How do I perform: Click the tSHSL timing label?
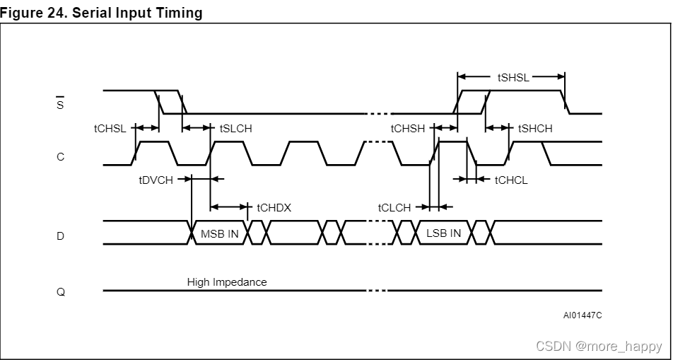[513, 78]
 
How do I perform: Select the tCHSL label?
[110, 129]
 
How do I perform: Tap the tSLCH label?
[235, 129]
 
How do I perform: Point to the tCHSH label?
[408, 129]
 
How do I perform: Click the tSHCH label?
[535, 129]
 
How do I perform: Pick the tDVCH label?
[156, 180]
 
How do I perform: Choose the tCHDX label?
[274, 208]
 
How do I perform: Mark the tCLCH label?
[394, 208]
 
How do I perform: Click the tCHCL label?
[511, 180]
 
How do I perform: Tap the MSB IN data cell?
[220, 233]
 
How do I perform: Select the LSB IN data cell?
[443, 233]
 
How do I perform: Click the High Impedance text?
[227, 282]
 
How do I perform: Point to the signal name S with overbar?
[60, 105]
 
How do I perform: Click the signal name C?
[60, 157]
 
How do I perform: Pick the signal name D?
[60, 236]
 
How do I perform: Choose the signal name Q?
[60, 291]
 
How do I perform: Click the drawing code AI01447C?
[583, 315]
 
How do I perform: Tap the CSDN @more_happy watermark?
[599, 346]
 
